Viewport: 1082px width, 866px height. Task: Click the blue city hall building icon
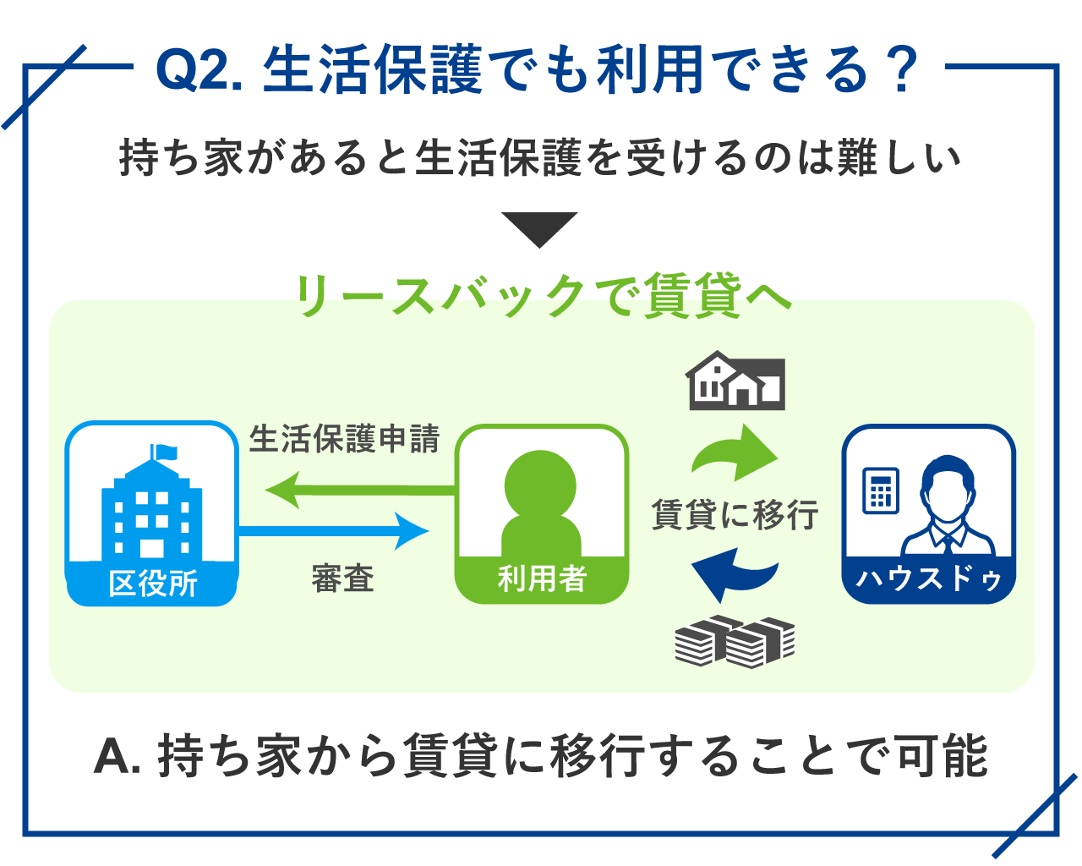(152, 504)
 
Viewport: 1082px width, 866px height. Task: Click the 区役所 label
(153, 584)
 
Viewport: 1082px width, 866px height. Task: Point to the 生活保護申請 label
(344, 439)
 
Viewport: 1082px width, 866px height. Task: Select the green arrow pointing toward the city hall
(360, 491)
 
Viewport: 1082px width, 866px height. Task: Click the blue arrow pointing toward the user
(333, 531)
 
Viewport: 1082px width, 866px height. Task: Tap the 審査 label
(343, 578)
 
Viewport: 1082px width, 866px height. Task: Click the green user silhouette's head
(540, 485)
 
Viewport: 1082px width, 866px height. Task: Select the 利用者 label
(542, 578)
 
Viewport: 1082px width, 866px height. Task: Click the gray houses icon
(735, 381)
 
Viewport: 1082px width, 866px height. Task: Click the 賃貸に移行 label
(735, 515)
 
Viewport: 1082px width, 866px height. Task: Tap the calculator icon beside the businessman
(881, 491)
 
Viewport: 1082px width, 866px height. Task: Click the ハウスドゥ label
(929, 578)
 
